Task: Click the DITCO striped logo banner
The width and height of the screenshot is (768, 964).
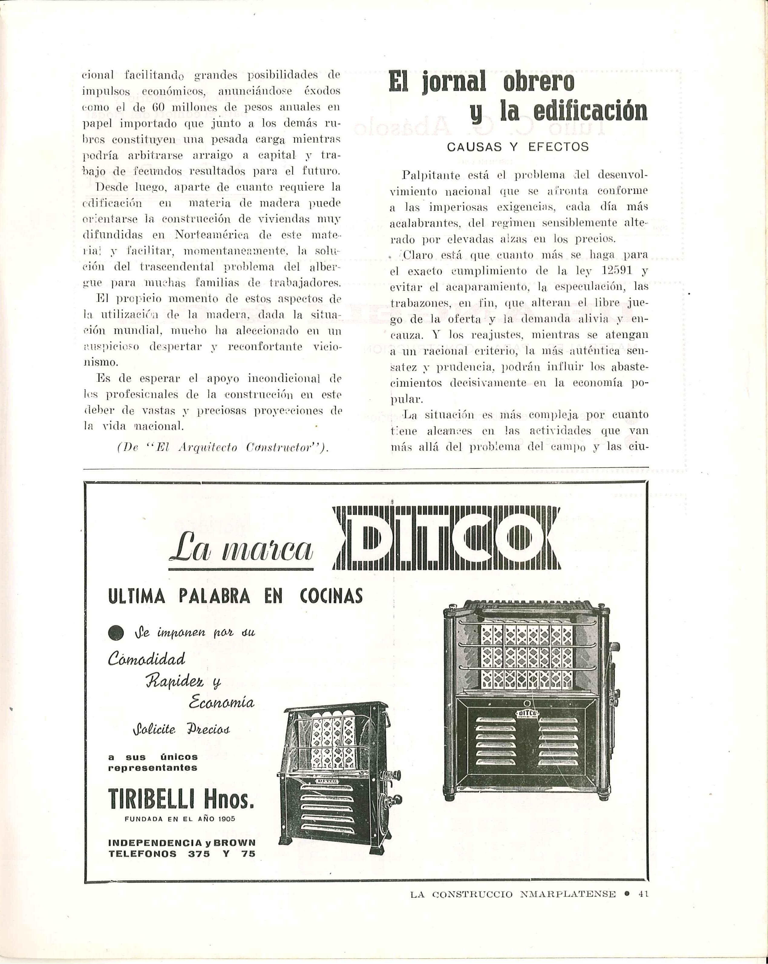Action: pyautogui.click(x=447, y=538)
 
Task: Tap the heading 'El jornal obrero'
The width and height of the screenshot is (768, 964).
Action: pyautogui.click(x=481, y=82)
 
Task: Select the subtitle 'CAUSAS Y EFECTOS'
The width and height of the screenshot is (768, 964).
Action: pyautogui.click(x=518, y=147)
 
